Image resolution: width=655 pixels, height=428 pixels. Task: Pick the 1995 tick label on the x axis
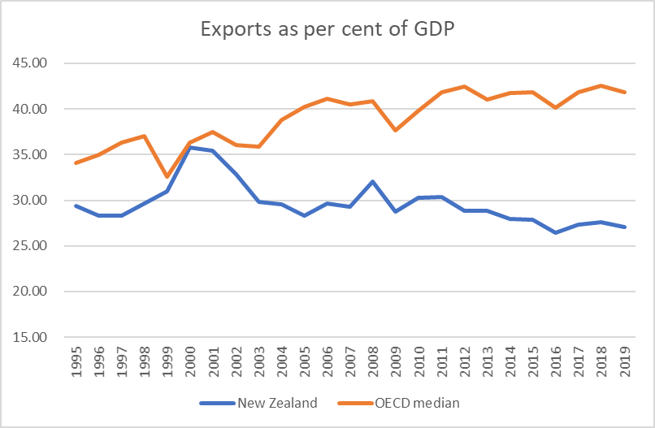(x=76, y=361)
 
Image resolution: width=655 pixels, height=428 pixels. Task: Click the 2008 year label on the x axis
(x=373, y=361)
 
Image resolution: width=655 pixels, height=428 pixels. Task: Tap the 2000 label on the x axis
(x=190, y=361)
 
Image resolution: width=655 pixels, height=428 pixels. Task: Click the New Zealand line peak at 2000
(x=190, y=147)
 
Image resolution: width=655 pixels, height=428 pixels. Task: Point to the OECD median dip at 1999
(x=167, y=176)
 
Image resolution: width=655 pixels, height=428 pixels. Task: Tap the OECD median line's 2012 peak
(x=465, y=86)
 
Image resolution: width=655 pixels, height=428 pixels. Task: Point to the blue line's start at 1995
(x=76, y=205)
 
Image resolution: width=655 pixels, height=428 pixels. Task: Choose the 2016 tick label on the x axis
(x=556, y=361)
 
